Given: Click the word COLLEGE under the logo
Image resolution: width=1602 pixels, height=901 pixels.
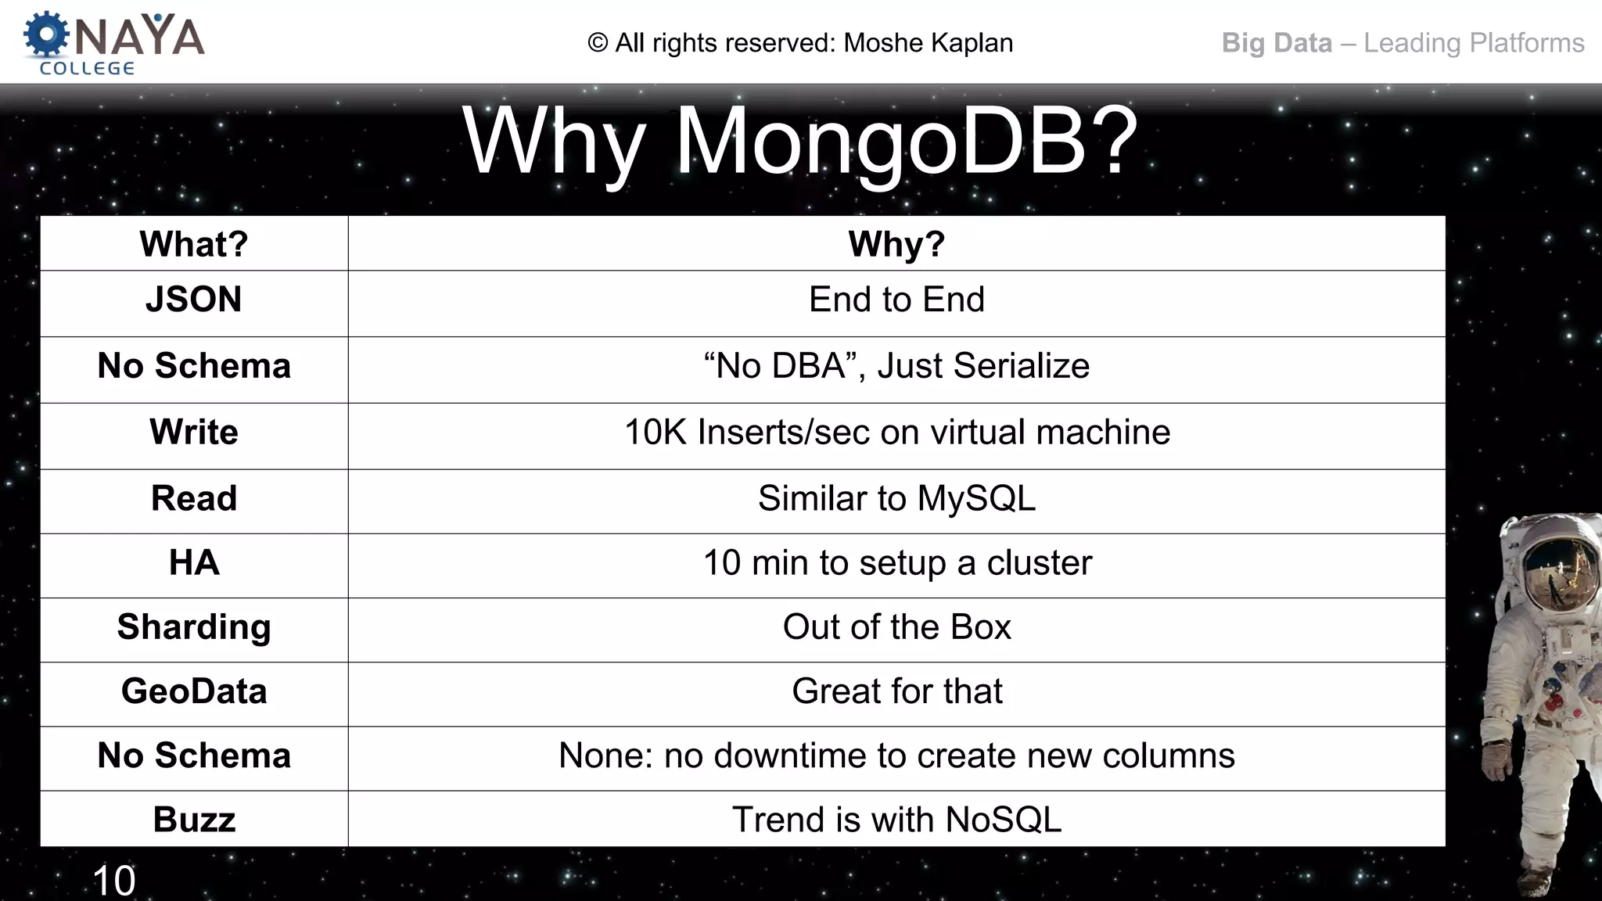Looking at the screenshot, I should (x=87, y=69).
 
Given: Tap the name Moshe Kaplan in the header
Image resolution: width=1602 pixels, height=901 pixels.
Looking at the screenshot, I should (x=928, y=43).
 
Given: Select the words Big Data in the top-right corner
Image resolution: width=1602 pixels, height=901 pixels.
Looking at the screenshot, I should (x=1276, y=43).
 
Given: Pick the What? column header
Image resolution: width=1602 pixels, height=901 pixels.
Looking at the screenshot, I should (x=194, y=244).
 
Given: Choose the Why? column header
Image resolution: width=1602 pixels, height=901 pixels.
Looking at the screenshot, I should (x=896, y=244).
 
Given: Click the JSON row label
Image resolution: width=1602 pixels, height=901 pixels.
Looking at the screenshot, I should (x=194, y=300).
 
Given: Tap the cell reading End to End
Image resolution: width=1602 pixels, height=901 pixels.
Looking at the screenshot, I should (x=896, y=300).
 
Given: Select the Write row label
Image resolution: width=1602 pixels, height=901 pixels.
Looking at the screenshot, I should (x=194, y=432).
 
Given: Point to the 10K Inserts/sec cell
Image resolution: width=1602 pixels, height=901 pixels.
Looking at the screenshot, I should (x=896, y=432).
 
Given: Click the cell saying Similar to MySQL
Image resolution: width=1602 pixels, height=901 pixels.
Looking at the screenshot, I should (x=896, y=498).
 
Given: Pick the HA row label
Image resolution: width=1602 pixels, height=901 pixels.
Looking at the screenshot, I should (x=194, y=562).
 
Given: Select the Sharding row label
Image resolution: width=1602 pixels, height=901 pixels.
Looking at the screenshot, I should (x=194, y=626).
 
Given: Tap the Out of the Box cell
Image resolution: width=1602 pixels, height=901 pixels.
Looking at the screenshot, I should (x=896, y=626).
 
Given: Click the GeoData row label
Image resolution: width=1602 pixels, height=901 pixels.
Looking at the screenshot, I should (x=194, y=691).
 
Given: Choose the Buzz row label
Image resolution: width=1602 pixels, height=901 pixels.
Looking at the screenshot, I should (x=194, y=819).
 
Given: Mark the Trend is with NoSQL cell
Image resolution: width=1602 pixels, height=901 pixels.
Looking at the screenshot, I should (x=896, y=819).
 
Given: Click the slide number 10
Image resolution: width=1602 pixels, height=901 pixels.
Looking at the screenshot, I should (x=114, y=881).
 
